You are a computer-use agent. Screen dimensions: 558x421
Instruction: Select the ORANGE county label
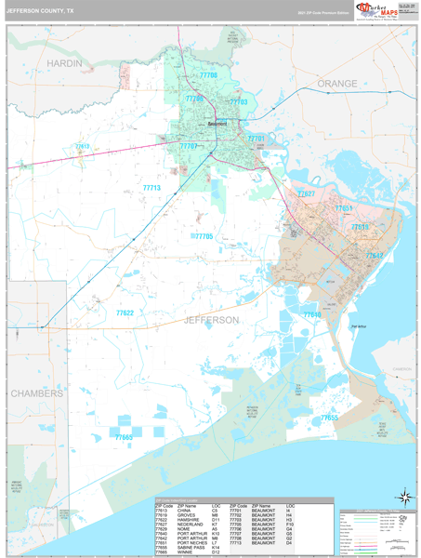[x=336, y=84]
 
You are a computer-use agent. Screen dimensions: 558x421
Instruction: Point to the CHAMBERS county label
[x=37, y=393]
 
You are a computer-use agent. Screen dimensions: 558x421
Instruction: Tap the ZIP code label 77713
[x=151, y=188]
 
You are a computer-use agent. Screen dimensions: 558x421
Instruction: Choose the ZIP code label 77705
[x=204, y=237]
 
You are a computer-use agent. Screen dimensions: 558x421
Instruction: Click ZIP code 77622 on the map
[x=124, y=313]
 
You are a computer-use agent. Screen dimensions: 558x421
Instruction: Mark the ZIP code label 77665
[x=125, y=437]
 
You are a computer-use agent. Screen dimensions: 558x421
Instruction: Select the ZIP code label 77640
[x=312, y=315]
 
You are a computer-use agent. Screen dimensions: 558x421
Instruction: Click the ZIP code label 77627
[x=306, y=193]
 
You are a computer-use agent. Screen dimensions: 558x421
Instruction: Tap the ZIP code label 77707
[x=189, y=146]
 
